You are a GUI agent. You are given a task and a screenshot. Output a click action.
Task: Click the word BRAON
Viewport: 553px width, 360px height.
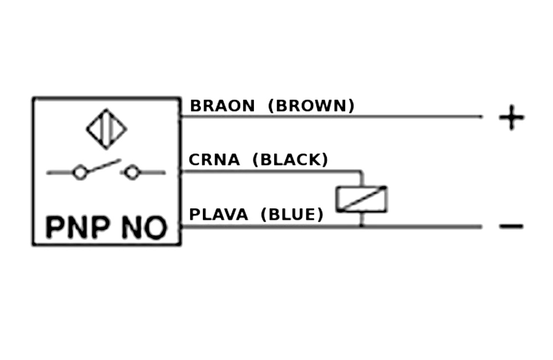point(222,106)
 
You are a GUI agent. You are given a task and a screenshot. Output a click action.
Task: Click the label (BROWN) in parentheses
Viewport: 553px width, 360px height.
point(311,106)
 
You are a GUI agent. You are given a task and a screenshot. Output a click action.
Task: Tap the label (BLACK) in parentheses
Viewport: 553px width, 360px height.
point(290,160)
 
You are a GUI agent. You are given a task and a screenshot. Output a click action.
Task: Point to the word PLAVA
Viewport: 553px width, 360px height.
point(219,215)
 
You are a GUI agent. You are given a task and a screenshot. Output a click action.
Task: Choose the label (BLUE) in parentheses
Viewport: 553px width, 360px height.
point(293,215)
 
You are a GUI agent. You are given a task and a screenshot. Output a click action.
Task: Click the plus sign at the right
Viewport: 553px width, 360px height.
point(512,117)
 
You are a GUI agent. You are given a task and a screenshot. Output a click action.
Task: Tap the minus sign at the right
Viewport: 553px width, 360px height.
point(512,226)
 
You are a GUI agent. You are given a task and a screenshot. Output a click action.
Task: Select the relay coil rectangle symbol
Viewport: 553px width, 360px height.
point(362,199)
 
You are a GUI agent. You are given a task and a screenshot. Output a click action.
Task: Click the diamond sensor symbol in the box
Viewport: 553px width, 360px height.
point(106,129)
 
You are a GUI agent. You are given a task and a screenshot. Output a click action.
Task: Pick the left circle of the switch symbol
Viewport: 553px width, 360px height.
point(80,173)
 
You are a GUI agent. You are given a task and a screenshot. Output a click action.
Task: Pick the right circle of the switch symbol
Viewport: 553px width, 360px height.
point(131,173)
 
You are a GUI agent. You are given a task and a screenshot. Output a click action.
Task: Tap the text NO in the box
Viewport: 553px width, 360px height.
point(144,227)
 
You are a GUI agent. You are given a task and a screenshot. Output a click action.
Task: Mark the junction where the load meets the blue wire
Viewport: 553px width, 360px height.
point(362,226)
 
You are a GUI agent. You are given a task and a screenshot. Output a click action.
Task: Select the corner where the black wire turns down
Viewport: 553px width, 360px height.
point(362,171)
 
